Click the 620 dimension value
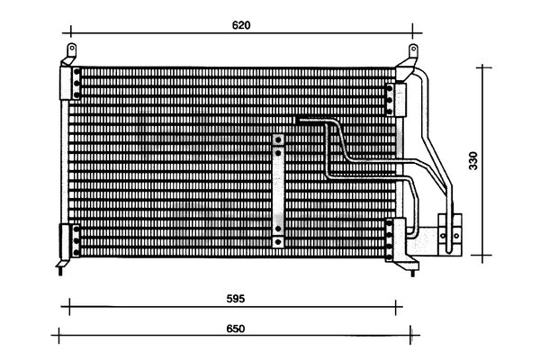(x=241, y=25)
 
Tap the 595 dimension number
(x=236, y=298)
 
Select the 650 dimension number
(x=236, y=328)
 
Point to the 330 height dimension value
(x=473, y=160)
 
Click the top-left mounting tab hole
(x=72, y=48)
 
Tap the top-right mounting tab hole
(x=413, y=49)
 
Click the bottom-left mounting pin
(x=61, y=272)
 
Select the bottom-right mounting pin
(x=412, y=273)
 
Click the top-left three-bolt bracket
(x=70, y=83)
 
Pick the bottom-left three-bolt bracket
(x=69, y=241)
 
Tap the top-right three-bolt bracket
(x=396, y=100)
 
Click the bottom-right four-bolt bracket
(x=395, y=239)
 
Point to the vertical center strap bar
(x=278, y=191)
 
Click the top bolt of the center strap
(x=278, y=140)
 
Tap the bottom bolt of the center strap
(x=278, y=242)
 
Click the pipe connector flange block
(x=450, y=235)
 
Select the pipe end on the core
(x=297, y=121)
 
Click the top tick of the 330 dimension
(x=482, y=67)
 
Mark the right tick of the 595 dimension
(x=396, y=307)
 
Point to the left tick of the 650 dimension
(x=58, y=335)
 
